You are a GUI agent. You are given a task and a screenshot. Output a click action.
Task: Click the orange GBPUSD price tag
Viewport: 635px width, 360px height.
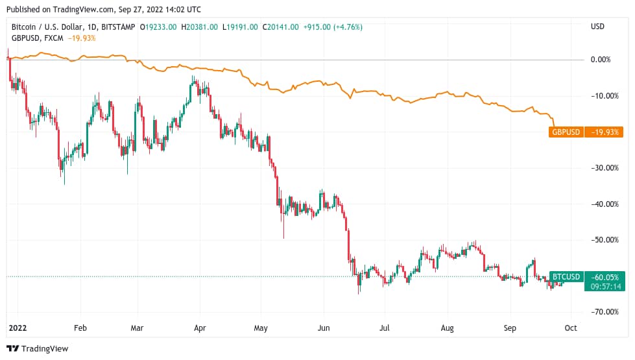point(566,132)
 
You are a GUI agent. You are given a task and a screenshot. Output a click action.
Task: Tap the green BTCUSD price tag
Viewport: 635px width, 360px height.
point(566,276)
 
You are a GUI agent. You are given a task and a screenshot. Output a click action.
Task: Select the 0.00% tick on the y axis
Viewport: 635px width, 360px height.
point(601,60)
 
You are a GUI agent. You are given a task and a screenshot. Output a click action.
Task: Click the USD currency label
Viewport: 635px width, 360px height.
point(597,27)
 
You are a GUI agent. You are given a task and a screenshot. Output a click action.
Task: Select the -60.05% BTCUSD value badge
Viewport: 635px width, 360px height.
point(604,276)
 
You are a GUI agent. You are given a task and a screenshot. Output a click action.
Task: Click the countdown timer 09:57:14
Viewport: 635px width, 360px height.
point(604,286)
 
